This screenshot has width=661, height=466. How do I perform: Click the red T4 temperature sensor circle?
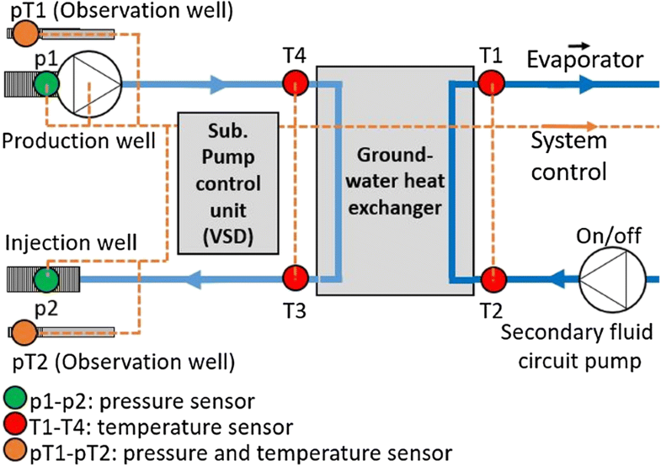pos(296,82)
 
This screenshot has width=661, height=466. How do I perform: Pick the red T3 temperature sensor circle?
pos(296,277)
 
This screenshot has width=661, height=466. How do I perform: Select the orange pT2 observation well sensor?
pos(24,330)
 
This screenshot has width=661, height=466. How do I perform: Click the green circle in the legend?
pos(14,397)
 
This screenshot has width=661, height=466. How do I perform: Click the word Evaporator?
pos(585,60)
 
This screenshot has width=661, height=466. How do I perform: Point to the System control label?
pos(568,156)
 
